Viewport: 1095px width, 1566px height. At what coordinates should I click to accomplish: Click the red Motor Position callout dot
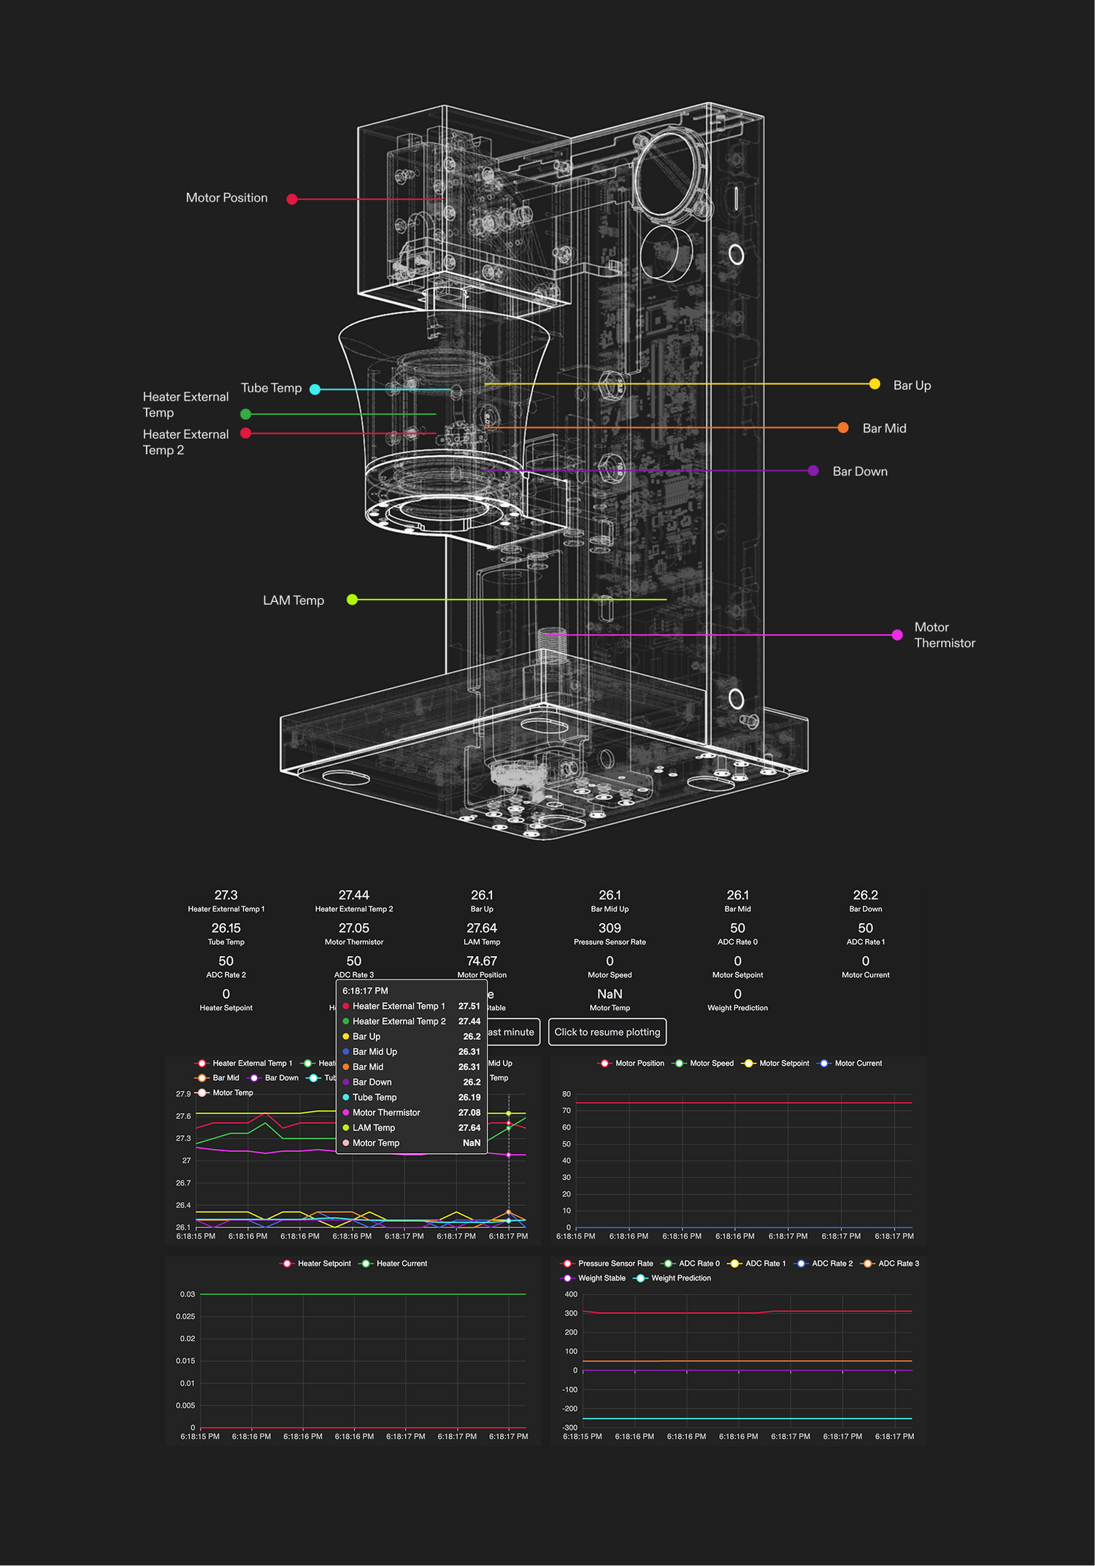pyautogui.click(x=292, y=199)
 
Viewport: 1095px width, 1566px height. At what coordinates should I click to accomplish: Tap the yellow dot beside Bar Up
pyautogui.click(x=875, y=384)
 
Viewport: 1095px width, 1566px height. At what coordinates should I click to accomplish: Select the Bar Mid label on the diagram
pyautogui.click(x=884, y=429)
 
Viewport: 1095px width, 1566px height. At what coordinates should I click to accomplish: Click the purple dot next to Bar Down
pyautogui.click(x=813, y=471)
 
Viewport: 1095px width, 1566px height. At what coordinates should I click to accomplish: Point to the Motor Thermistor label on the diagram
pyautogui.click(x=944, y=635)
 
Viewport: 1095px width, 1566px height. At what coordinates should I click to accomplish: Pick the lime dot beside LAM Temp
pyautogui.click(x=352, y=600)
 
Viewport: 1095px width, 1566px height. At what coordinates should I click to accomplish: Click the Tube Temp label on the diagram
pyautogui.click(x=271, y=389)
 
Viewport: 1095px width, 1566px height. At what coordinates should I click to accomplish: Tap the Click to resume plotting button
pyautogui.click(x=607, y=1032)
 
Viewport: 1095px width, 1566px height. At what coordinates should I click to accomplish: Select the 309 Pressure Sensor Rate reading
pyautogui.click(x=610, y=928)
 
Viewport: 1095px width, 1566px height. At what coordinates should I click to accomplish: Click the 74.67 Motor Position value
pyautogui.click(x=482, y=961)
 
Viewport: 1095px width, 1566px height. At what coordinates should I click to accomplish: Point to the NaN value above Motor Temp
pyautogui.click(x=610, y=994)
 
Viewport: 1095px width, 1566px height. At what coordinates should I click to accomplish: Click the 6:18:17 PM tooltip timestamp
pyautogui.click(x=365, y=991)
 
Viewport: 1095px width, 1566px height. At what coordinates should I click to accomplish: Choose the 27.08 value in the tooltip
pyautogui.click(x=469, y=1113)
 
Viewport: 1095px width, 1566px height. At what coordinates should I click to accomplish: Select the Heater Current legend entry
pyautogui.click(x=401, y=1264)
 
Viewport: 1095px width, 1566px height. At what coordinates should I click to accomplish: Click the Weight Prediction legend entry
pyautogui.click(x=680, y=1278)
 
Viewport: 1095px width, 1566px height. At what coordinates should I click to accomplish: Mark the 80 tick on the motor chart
pyautogui.click(x=566, y=1094)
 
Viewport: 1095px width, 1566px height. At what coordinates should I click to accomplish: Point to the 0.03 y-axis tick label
pyautogui.click(x=188, y=1294)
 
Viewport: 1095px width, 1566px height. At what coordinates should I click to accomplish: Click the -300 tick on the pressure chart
pyautogui.click(x=570, y=1427)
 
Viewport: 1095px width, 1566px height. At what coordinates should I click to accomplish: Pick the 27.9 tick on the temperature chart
pyautogui.click(x=183, y=1094)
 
